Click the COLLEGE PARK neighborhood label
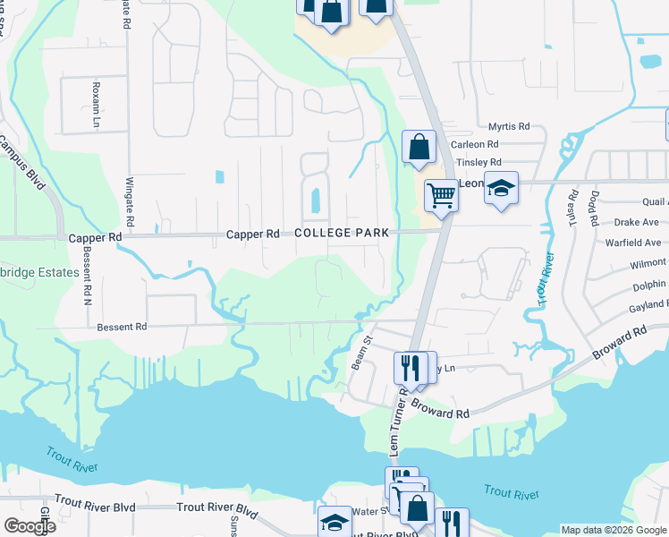[342, 233]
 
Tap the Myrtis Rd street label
[509, 127]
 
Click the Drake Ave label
[637, 222]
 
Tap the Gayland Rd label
[648, 305]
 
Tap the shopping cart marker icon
[441, 194]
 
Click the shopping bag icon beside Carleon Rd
[419, 147]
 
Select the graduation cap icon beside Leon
[502, 188]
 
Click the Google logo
[30, 526]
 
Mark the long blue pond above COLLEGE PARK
[315, 200]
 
